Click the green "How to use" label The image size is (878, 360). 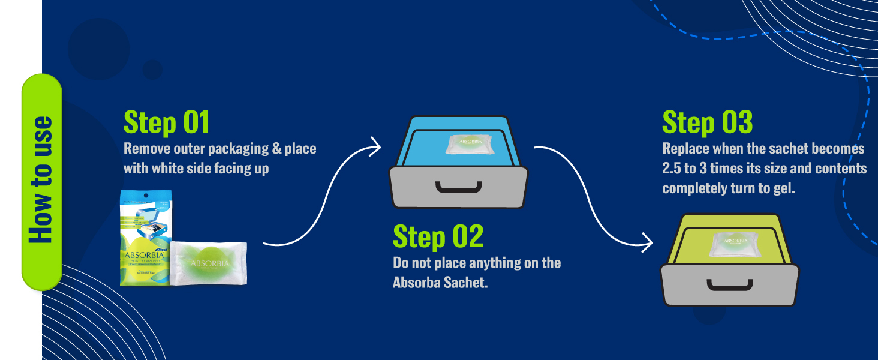41,181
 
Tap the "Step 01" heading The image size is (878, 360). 166,122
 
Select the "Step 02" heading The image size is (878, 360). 438,236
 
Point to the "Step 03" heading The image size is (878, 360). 707,122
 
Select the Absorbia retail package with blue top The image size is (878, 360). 145,238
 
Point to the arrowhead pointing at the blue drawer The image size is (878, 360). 376,146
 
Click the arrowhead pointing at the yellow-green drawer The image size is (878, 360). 647,242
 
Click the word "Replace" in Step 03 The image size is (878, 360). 686,149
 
